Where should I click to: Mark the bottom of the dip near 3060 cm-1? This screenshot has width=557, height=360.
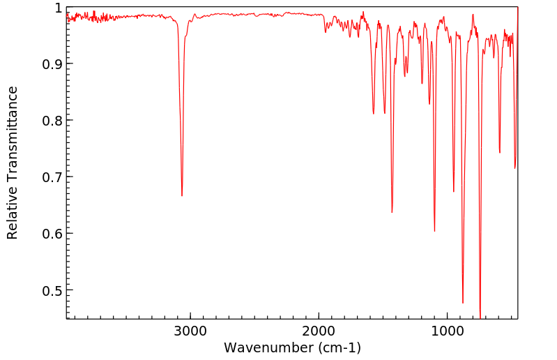coord(182,196)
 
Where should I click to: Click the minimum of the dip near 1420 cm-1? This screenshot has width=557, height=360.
coord(392,212)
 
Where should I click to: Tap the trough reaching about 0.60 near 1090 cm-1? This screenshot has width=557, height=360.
coord(434,231)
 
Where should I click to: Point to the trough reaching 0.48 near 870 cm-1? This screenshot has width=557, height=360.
coord(463,303)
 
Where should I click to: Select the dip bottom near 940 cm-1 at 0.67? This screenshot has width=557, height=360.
coord(454,192)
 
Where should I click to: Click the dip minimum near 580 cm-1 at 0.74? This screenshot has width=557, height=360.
coord(500,153)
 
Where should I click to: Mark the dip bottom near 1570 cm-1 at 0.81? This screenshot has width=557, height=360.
coord(374,114)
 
